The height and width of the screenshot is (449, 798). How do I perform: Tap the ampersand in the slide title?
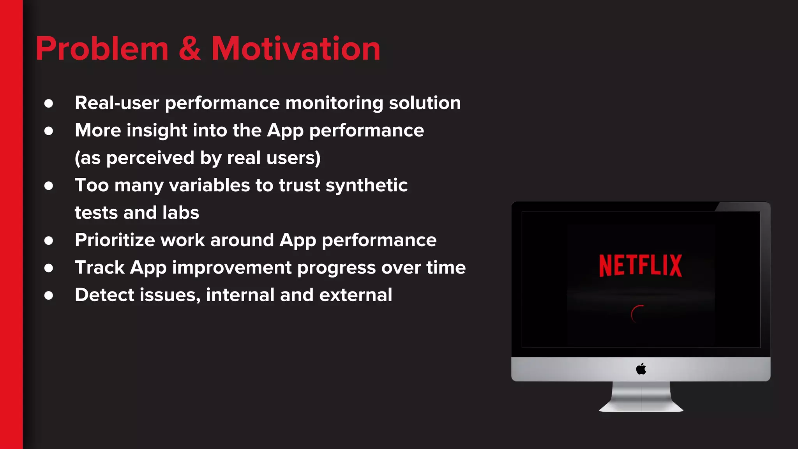click(x=190, y=49)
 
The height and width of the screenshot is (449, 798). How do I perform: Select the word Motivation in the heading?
click(x=296, y=49)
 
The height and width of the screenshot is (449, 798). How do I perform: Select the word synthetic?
click(x=367, y=186)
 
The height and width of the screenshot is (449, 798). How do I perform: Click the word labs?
click(x=181, y=213)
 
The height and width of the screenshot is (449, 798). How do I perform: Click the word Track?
click(x=100, y=268)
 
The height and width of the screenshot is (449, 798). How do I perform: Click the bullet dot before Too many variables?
click(x=49, y=186)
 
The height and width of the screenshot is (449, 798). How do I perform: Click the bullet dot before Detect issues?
click(x=49, y=295)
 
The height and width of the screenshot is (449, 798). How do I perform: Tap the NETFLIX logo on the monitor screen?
click(x=641, y=266)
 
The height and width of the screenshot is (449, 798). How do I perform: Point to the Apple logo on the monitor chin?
click(x=641, y=368)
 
